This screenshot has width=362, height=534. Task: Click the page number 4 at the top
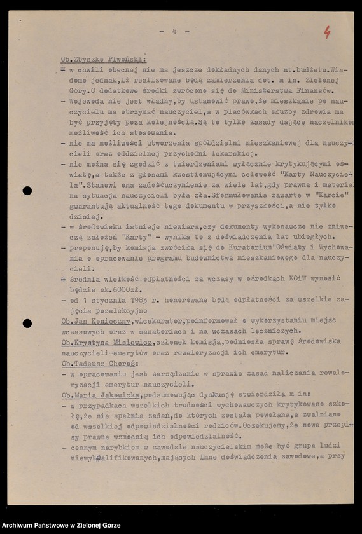(x=174, y=31)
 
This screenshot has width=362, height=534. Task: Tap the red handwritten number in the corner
(x=327, y=32)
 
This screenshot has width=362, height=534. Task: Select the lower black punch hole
(x=27, y=323)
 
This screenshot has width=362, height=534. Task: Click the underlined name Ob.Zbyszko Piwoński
(x=103, y=57)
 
